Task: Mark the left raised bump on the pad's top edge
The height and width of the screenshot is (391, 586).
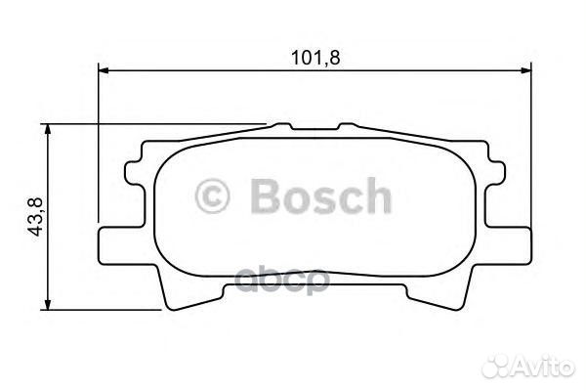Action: click(283, 127)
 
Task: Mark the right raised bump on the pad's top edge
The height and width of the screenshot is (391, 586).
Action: click(347, 127)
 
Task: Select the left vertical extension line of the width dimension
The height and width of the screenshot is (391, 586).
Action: click(100, 147)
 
